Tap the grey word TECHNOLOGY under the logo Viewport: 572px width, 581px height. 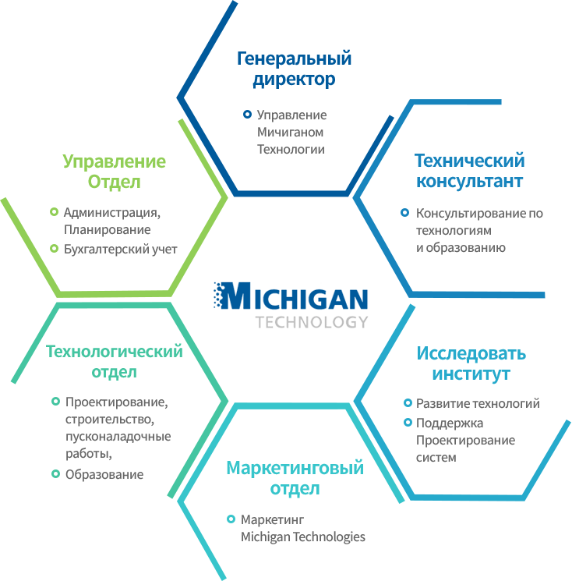coord(312,322)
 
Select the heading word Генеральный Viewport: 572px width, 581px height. coord(294,58)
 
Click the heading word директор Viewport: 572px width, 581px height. coord(294,80)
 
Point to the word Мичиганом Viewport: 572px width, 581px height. coord(290,132)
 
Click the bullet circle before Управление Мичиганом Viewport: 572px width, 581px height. coord(247,115)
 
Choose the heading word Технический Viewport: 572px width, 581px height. coord(469,161)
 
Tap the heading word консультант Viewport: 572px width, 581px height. coord(469,181)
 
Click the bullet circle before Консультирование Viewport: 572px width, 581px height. coord(404,213)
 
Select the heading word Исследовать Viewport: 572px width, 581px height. coord(471,353)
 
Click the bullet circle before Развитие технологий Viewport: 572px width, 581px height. coord(408,402)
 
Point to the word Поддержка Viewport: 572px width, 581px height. coord(450,423)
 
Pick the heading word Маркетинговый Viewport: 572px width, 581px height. coord(295,468)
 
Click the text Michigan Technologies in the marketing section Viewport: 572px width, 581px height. coord(303,537)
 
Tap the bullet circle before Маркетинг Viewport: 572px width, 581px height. coord(231,519)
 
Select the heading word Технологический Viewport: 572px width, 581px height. coord(114,351)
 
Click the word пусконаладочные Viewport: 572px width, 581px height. coord(118,436)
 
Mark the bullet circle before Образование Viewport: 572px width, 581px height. coord(55,473)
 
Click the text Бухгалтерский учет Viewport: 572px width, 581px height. coord(120,249)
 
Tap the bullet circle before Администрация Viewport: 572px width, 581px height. coord(54,212)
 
